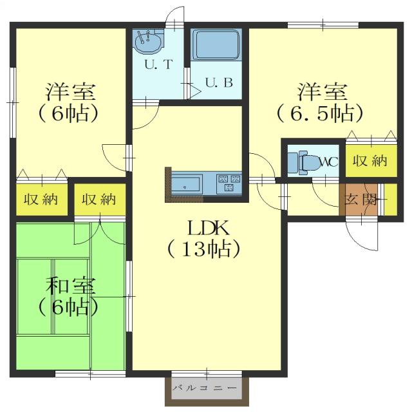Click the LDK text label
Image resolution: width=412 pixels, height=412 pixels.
coord(204,228)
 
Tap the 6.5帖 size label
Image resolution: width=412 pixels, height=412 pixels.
coord(320,113)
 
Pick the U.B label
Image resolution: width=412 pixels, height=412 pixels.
coord(214,82)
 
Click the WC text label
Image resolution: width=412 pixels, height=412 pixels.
coord(328,162)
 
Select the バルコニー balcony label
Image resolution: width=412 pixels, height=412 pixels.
coord(207,389)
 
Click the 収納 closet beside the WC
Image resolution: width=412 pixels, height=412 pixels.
coord(370,160)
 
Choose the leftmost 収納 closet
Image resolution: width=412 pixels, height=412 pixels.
coord(41,200)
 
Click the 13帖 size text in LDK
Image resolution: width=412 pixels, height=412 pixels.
coord(204,248)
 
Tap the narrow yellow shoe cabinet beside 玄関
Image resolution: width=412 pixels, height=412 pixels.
coord(388,199)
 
